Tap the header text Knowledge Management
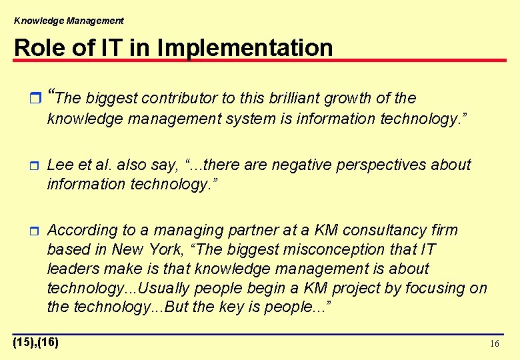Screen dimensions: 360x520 [x=69, y=21]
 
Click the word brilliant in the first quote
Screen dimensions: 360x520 [x=294, y=99]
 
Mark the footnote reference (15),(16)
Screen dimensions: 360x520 [x=36, y=343]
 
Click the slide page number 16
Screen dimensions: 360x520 [x=494, y=344]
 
